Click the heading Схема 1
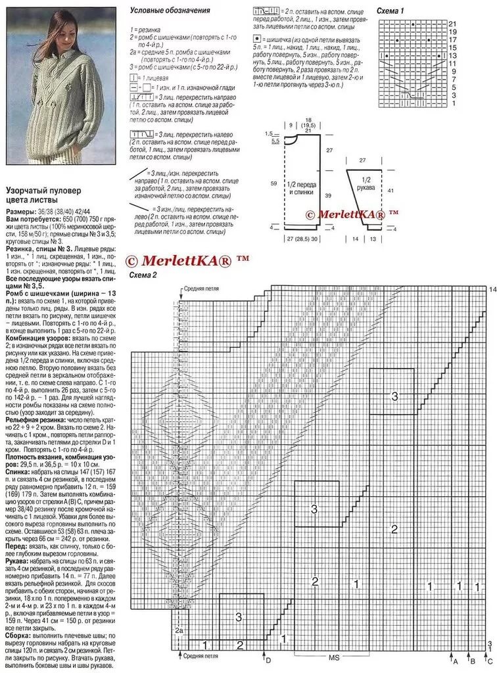tap(390, 11)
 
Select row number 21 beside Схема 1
tap(452, 24)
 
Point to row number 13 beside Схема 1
tap(452, 55)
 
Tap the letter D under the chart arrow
tap(268, 659)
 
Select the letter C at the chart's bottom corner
tap(489, 659)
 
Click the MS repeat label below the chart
tap(333, 657)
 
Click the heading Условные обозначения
tap(170, 11)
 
